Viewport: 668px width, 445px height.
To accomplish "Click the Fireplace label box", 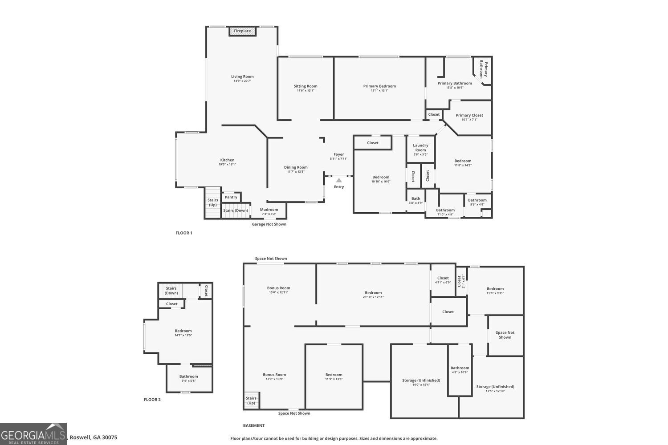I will pos(243,31).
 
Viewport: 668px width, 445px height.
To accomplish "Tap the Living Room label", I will pos(242,77).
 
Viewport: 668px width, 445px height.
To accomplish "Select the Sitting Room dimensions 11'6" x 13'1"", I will pos(305,91).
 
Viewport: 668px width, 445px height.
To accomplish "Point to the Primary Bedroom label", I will pos(379,86).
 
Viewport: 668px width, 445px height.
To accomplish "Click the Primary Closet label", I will pos(469,115).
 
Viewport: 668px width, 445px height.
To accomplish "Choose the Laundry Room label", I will pos(420,148).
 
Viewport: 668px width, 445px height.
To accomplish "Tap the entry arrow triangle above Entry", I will pos(339,180).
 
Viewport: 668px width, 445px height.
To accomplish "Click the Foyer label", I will pos(339,154).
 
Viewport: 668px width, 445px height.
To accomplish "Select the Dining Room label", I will pos(296,167).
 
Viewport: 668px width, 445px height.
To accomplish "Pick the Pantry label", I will pos(231,197).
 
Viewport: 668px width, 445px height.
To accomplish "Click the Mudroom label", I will pos(269,210).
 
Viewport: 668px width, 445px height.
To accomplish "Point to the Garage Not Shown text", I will pos(269,224).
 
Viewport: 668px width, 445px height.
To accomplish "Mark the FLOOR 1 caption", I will pos(184,233).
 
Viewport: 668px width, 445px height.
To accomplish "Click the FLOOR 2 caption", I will pos(152,400).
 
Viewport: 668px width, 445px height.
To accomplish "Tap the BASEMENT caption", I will pos(254,426).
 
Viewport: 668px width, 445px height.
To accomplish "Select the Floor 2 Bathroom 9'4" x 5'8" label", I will pos(189,376).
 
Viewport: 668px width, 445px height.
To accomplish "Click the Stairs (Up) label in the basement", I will pos(251,400).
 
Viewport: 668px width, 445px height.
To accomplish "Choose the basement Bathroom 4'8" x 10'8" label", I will pos(460,368).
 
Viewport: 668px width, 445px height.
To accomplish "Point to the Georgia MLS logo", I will pos(33,434).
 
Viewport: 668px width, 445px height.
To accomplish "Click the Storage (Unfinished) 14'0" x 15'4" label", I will pos(421,380).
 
